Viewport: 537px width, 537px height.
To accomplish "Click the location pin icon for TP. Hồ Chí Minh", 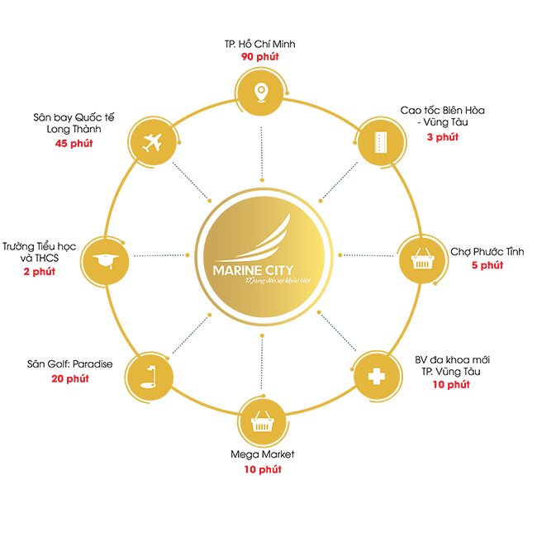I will (261, 91).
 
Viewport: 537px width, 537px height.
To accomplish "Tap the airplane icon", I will (150, 141).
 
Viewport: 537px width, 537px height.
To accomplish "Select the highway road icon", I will (381, 141).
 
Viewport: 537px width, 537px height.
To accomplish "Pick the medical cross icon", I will (376, 377).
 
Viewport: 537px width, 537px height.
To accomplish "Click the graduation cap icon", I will (105, 259).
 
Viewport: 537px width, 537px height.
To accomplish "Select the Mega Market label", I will (262, 454).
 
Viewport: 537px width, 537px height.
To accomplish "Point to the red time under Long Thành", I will (74, 143).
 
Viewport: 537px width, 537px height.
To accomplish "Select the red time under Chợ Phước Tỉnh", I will (487, 265).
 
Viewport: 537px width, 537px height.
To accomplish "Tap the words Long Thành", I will (80, 130).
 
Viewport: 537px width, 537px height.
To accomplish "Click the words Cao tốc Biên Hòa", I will (443, 110).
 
